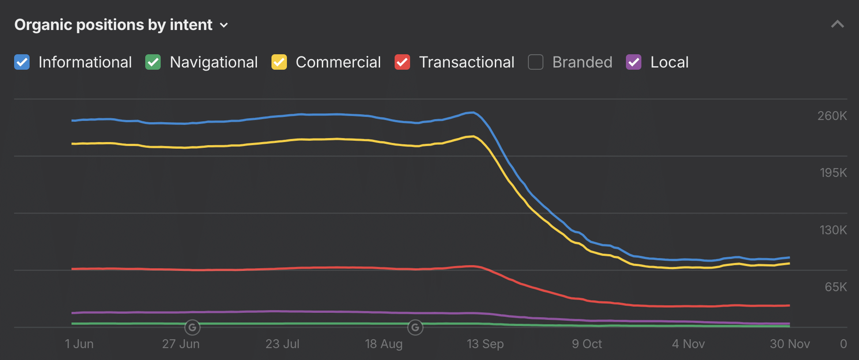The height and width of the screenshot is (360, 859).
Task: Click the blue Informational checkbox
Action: coord(22,62)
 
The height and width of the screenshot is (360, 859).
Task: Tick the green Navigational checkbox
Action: coord(153,62)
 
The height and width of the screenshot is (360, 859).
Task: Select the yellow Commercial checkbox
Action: coord(279,62)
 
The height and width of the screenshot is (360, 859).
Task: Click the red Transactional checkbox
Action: coord(402,62)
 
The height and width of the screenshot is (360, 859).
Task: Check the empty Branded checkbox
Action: coord(535,62)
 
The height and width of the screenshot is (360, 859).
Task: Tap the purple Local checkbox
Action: coord(633,62)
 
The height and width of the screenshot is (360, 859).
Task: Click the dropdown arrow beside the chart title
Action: coord(224,25)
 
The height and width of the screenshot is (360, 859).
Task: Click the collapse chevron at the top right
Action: coord(837,24)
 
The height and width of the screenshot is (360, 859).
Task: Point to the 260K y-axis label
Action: coord(832,116)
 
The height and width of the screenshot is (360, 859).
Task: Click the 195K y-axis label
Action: coord(833,172)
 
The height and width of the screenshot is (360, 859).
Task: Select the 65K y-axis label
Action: coord(836,287)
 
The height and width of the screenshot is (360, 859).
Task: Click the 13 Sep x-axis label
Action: coord(485,344)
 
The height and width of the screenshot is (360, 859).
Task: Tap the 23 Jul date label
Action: coord(282,344)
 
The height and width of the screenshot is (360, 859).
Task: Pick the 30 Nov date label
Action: coord(790,344)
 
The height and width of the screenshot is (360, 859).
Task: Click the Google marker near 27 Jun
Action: coord(192,327)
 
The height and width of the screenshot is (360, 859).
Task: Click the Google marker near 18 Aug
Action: coord(415,327)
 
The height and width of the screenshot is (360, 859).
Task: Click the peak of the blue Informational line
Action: coord(472,112)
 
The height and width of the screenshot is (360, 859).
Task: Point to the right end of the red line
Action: coord(789,305)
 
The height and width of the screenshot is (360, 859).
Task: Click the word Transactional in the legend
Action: coord(467,62)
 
